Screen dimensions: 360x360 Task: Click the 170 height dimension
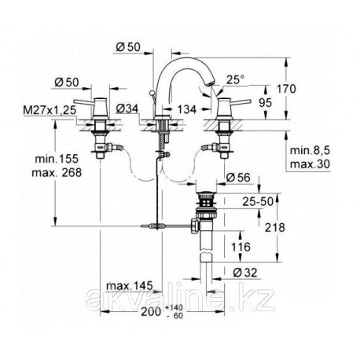click(286, 89)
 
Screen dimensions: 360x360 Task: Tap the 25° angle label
click(235, 79)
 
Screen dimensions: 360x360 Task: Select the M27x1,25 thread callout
click(50, 110)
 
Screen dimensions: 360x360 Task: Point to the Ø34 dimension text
click(127, 108)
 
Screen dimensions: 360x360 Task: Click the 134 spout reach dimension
click(186, 109)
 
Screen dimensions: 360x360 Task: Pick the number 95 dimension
click(265, 103)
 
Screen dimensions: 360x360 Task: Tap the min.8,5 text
click(310, 151)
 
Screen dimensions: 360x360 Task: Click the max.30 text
click(310, 164)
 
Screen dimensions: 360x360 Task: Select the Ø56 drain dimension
click(238, 178)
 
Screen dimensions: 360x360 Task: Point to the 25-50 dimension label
click(258, 201)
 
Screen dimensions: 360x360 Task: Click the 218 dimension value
click(274, 227)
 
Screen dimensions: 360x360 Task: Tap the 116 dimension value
click(241, 247)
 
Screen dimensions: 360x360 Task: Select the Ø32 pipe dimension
click(245, 273)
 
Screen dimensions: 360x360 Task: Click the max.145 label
click(129, 285)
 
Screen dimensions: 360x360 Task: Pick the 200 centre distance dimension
click(151, 312)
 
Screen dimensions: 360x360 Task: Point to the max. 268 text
click(57, 173)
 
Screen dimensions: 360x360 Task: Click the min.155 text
click(57, 159)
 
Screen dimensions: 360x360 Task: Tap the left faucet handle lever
click(84, 101)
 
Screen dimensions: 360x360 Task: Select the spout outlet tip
click(210, 83)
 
